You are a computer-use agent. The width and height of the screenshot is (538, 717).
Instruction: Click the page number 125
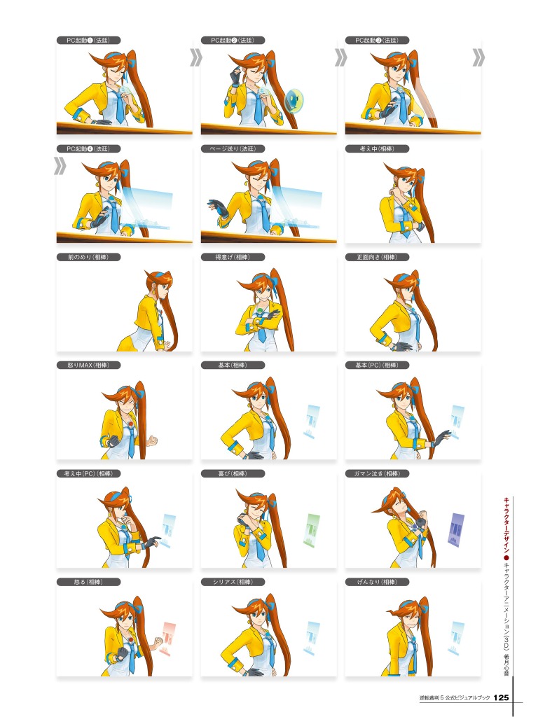click(x=501, y=698)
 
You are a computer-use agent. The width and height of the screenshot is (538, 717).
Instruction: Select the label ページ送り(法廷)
click(x=233, y=148)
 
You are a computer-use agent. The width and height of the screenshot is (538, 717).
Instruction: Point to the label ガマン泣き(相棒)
click(x=377, y=474)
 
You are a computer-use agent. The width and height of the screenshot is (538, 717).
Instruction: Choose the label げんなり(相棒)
click(x=377, y=582)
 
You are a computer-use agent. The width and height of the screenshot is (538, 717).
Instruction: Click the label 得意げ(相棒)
click(x=233, y=257)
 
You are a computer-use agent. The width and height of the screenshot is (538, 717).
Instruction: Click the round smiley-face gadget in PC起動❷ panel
click(x=294, y=99)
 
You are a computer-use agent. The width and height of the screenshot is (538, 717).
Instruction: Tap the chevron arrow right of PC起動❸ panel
click(x=478, y=57)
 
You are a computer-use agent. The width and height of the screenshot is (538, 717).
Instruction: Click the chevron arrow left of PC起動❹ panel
click(x=60, y=166)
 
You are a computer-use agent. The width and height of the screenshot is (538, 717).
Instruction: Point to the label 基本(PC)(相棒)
click(x=377, y=365)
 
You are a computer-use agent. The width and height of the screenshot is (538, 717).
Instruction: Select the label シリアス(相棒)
click(x=233, y=582)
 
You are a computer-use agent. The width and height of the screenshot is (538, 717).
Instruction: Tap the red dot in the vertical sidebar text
click(x=506, y=559)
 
